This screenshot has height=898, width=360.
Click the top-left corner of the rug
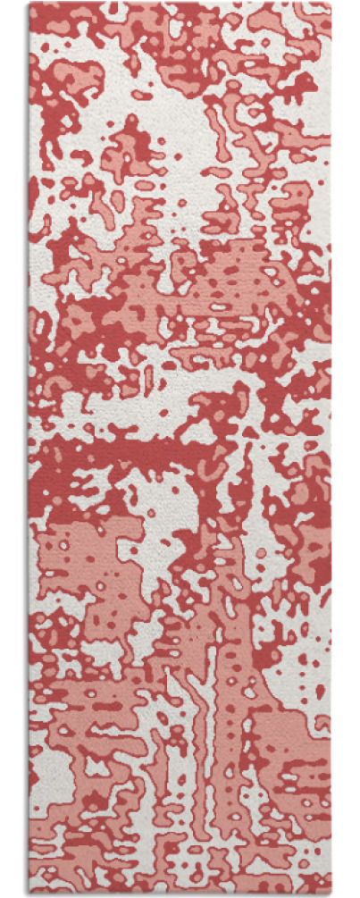(x=29, y=3)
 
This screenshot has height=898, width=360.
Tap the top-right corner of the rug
(x=331, y=3)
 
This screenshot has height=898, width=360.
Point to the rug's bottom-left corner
(x=29, y=894)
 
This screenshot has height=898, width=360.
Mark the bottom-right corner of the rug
(x=331, y=894)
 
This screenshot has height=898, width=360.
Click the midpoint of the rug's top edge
(x=180, y=3)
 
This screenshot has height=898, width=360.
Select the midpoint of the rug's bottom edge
(x=180, y=894)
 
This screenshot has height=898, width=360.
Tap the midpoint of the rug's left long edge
(x=29, y=449)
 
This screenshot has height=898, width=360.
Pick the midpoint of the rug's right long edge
(x=331, y=449)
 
